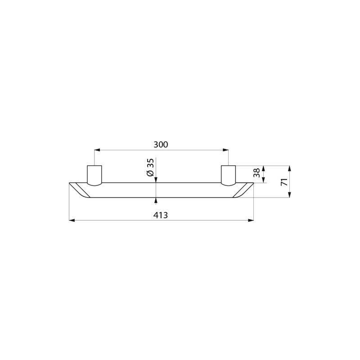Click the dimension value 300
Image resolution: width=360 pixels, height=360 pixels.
pos(161,144)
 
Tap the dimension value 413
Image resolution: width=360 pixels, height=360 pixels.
pos(161,215)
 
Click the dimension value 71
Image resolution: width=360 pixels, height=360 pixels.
pos(283,182)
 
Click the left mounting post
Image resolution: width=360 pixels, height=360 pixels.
pos(94,175)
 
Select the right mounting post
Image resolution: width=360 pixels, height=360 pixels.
pos(228,175)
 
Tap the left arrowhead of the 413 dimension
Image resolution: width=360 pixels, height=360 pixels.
pos(72,220)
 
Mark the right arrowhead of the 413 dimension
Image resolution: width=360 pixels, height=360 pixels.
pos(251,220)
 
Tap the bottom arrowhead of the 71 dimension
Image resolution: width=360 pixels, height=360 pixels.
pos(289,195)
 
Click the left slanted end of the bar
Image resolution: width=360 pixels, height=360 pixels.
pos(80,189)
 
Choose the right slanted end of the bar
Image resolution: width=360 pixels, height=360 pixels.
pos(243,189)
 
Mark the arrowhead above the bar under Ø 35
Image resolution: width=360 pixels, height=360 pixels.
pos(156,180)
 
